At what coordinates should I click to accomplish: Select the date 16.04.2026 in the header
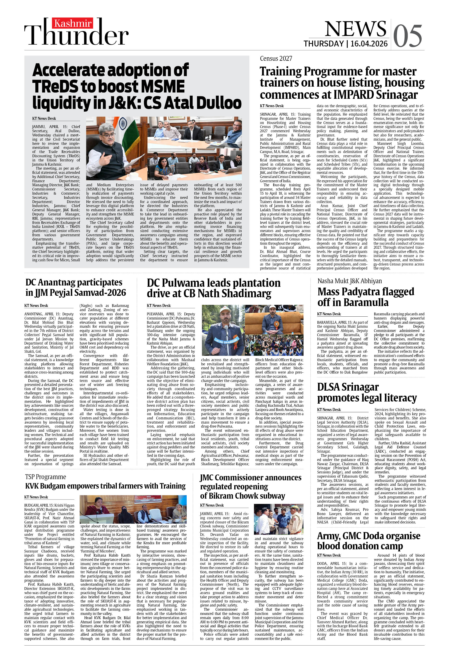tap(369, 44)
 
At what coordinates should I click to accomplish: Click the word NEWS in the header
tap(355, 29)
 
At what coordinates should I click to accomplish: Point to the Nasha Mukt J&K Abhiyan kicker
tap(349, 281)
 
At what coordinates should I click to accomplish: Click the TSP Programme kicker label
tap(45, 477)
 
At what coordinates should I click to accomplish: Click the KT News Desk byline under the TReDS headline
tap(44, 118)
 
